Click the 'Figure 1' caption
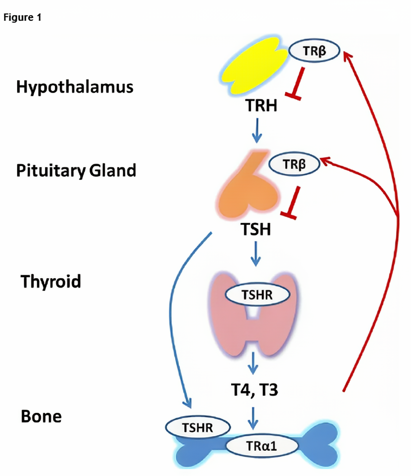(22, 19)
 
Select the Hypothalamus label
(75, 86)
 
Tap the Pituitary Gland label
(76, 171)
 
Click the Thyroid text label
(51, 281)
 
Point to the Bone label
(41, 416)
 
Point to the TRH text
(262, 106)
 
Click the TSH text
(256, 229)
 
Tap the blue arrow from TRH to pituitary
(257, 130)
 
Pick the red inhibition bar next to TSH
(291, 203)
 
